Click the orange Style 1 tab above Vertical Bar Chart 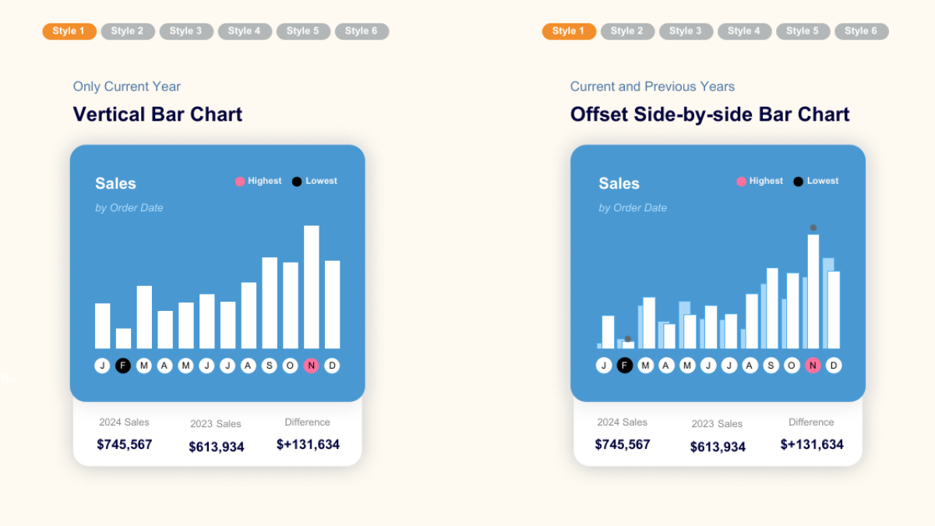[x=69, y=31]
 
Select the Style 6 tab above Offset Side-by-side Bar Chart [x=861, y=31]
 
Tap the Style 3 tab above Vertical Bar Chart [x=186, y=31]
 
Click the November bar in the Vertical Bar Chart [x=312, y=287]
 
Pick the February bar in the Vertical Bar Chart [x=123, y=338]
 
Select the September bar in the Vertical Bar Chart [x=270, y=302]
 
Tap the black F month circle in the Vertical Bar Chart [x=123, y=365]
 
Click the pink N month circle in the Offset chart [x=813, y=365]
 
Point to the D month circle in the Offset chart [x=834, y=365]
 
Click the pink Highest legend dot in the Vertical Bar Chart [x=240, y=182]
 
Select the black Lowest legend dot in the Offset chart [x=798, y=182]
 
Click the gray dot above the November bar [x=813, y=228]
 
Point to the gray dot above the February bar [x=627, y=339]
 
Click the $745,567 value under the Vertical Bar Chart [x=125, y=444]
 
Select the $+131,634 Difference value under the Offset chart [x=812, y=444]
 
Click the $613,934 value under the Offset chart [x=718, y=447]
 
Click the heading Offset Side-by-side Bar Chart [x=710, y=115]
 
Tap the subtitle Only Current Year [x=127, y=86]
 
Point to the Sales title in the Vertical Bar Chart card [x=115, y=184]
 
